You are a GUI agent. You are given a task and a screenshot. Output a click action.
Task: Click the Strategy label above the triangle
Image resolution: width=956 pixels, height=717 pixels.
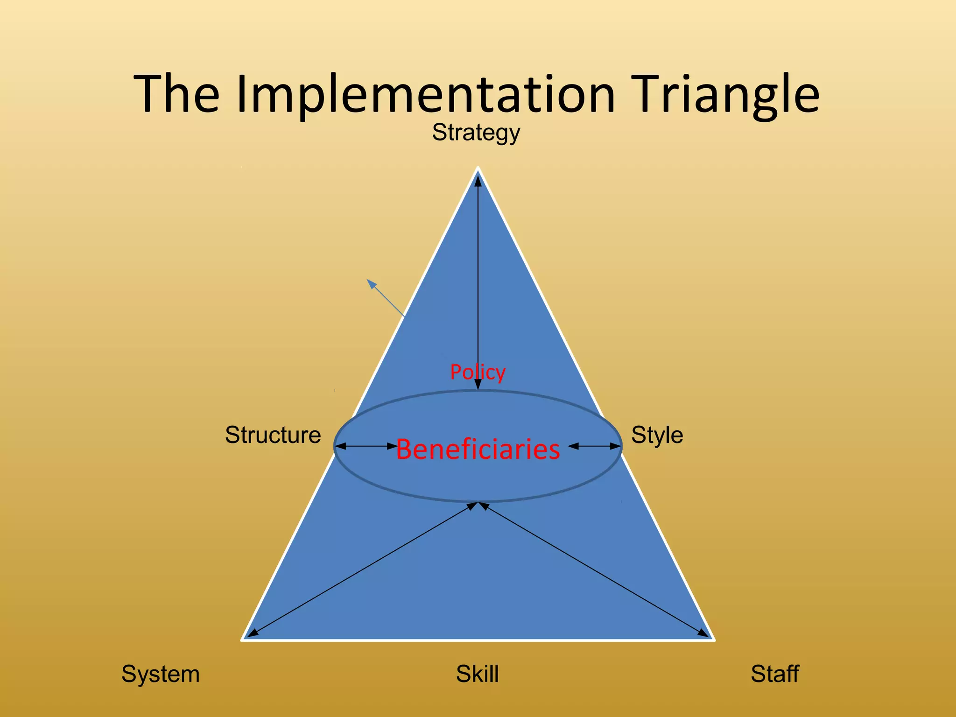pyautogui.click(x=476, y=133)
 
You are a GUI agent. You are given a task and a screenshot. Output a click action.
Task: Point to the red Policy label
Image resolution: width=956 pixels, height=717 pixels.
pyautogui.click(x=478, y=372)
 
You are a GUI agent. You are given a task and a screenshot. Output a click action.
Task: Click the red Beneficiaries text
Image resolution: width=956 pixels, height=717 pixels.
pyautogui.click(x=478, y=450)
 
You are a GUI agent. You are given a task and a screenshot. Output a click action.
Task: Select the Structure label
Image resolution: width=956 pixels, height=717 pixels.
pyautogui.click(x=273, y=435)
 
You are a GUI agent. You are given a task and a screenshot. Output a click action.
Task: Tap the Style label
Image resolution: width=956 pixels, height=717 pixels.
pyautogui.click(x=657, y=435)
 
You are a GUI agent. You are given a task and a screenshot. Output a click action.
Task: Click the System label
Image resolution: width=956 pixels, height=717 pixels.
pyautogui.click(x=160, y=674)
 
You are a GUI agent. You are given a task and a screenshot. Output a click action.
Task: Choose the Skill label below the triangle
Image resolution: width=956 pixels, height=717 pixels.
pyautogui.click(x=477, y=674)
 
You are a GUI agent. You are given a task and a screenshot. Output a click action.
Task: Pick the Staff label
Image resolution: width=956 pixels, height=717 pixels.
pyautogui.click(x=774, y=674)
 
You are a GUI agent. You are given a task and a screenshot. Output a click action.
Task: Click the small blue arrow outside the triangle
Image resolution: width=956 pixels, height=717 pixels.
pyautogui.click(x=385, y=297)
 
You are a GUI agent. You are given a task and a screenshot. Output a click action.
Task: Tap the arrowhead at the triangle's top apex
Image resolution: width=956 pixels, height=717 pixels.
pyautogui.click(x=478, y=181)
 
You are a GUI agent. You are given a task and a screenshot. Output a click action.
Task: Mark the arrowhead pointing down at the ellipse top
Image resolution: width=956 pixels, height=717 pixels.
pyautogui.click(x=478, y=385)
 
